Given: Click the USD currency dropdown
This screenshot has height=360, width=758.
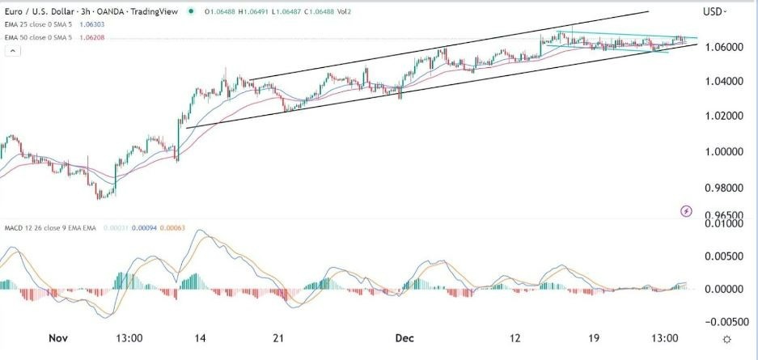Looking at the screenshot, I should (x=715, y=11).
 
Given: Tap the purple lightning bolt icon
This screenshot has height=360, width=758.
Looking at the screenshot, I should (x=687, y=211).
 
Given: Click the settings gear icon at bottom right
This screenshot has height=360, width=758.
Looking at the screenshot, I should (x=727, y=339).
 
